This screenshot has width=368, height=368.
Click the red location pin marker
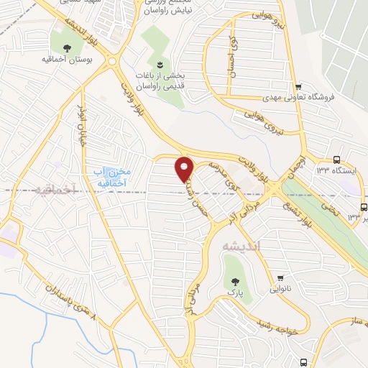185,170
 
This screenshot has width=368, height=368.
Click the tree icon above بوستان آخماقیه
67,49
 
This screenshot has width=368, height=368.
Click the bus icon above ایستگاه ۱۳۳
337,160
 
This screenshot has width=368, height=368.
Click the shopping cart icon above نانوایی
280,278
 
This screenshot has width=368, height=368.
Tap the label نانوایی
281,291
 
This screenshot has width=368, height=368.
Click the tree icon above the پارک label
232,281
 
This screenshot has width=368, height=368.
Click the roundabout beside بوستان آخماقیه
114,62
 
